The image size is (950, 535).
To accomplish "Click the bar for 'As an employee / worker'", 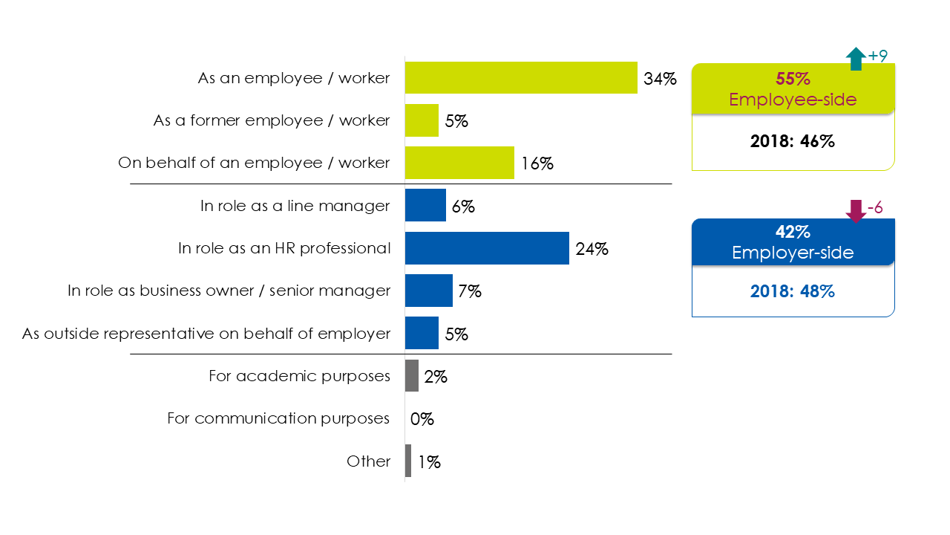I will (x=521, y=77).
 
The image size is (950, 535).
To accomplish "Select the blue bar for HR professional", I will (x=487, y=248).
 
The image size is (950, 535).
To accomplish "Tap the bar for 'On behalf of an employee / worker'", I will (x=459, y=163).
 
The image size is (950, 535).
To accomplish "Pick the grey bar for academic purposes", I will (x=412, y=376).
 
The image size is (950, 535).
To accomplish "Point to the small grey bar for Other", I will (x=408, y=461).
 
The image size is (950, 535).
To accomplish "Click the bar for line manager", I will (x=425, y=206).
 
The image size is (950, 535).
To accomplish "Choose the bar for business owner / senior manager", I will (x=429, y=291).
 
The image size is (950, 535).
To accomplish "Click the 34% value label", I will (x=660, y=78).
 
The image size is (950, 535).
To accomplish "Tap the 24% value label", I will (x=592, y=249).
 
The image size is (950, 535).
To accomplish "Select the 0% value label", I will (x=422, y=419).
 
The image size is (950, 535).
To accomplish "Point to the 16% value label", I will (x=537, y=163).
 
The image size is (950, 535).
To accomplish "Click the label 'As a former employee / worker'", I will (x=272, y=120).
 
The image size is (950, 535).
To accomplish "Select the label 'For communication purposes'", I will (x=278, y=418).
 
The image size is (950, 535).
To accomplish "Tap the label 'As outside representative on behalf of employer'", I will (x=206, y=334).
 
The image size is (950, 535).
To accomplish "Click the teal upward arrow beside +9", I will (x=856, y=59).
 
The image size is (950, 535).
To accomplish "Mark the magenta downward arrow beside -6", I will (x=856, y=211).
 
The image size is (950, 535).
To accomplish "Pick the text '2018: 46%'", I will (x=793, y=141).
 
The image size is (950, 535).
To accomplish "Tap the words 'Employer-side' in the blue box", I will (x=793, y=253).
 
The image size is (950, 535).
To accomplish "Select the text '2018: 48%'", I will (x=793, y=291).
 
